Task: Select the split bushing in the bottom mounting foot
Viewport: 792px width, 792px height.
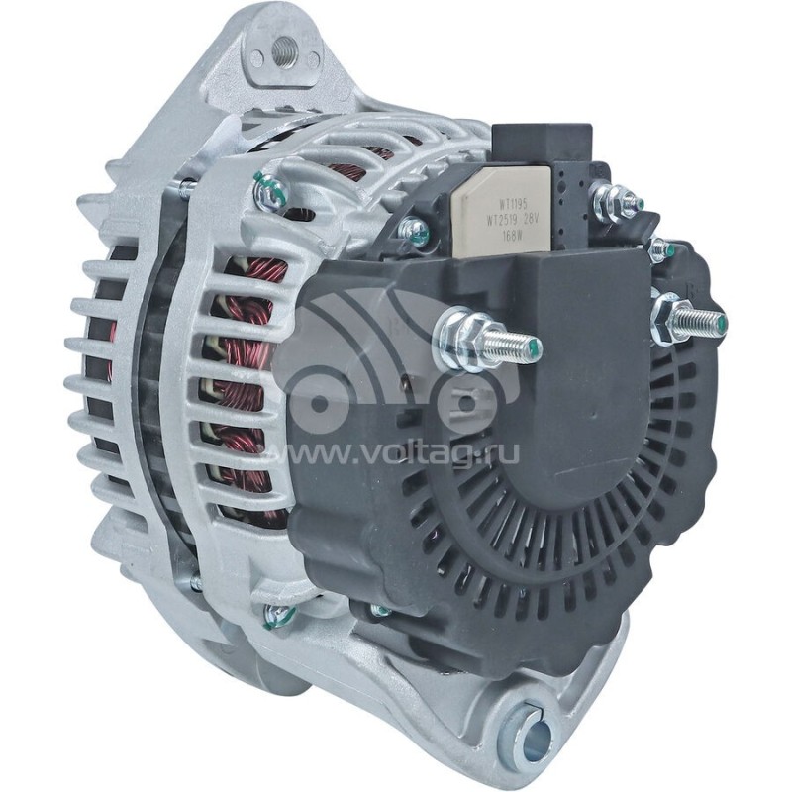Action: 525,735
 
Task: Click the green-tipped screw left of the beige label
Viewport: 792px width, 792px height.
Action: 416,233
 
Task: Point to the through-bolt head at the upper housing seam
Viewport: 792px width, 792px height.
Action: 269,188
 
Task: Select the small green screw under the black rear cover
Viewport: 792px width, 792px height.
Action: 380,610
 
